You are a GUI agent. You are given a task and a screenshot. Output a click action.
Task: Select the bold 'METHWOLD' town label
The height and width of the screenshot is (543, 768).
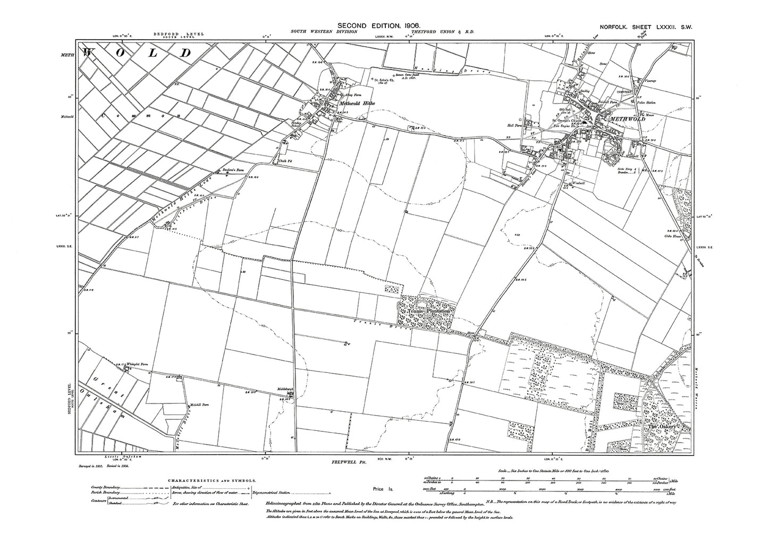pyautogui.click(x=629, y=119)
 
